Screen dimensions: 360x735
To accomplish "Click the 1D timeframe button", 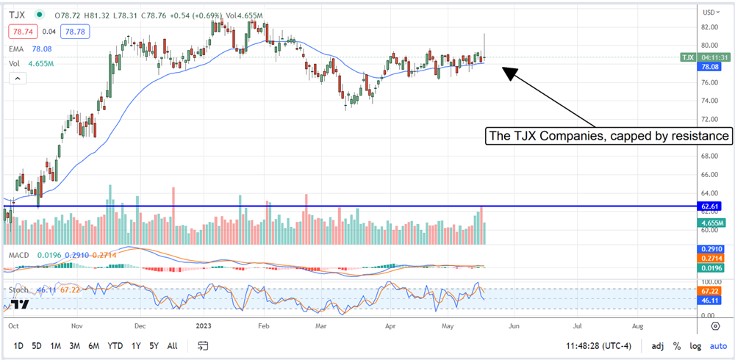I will pos(18,345).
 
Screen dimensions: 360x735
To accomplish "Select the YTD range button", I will pos(115,345).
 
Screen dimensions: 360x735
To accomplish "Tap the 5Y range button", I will pos(153,345).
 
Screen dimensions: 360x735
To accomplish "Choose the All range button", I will pos(172,345).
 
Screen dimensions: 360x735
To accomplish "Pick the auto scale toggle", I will pos(717,345).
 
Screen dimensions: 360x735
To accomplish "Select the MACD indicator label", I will pos(20,254).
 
